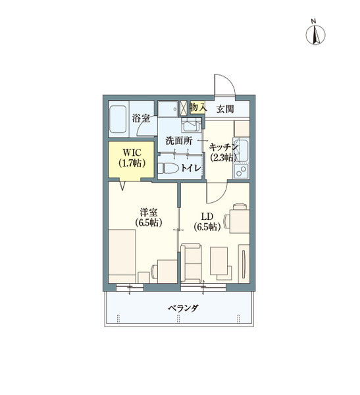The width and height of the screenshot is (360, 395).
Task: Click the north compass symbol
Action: tap(315, 34)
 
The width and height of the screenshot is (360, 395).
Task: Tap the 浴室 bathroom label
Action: tap(140, 118)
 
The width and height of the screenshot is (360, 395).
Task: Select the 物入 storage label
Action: tap(197, 107)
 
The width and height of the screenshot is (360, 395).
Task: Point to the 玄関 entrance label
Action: tap(225, 109)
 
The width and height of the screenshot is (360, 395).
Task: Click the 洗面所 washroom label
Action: tap(178, 140)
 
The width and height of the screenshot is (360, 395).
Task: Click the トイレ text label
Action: tap(191, 169)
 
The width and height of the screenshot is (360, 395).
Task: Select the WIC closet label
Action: tap(132, 152)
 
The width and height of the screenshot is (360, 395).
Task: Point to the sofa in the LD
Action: tap(192, 261)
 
